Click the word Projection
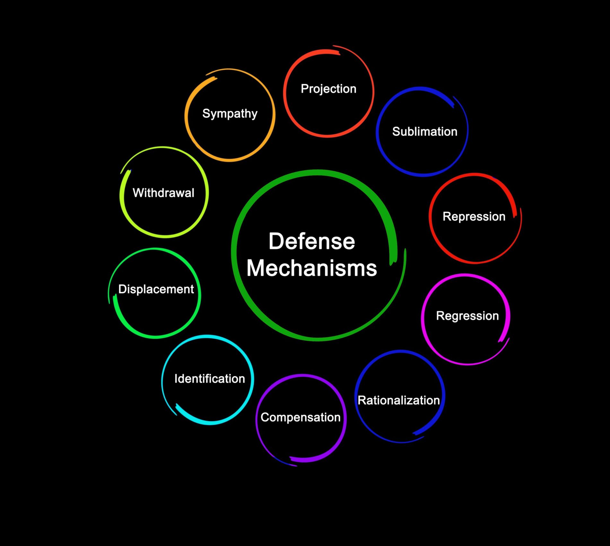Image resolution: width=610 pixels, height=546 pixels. point(328,89)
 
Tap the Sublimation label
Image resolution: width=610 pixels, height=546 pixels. point(424,132)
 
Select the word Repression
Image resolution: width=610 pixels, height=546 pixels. point(474,217)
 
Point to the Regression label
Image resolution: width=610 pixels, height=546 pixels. point(467,316)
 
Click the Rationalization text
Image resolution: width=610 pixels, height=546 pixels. point(398,400)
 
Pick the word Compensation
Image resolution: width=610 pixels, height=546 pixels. point(301,417)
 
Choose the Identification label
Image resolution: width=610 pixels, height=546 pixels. point(209,379)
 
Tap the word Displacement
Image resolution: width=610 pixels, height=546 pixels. point(156,289)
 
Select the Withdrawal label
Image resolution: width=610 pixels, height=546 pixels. point(163,193)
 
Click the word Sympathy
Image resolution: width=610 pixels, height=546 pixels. point(230,114)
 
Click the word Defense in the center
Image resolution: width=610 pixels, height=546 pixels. point(312,241)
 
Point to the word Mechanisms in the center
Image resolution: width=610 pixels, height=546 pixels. point(311,268)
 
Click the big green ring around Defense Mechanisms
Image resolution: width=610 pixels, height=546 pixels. point(234,254)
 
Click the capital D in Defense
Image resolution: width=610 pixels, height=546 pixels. point(275,241)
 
